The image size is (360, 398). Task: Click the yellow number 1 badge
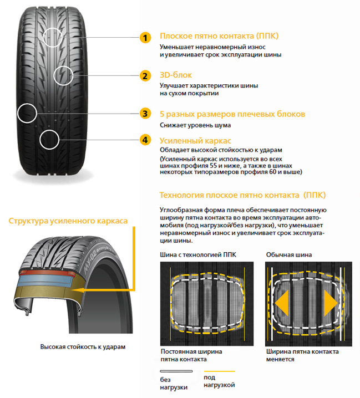pos(144,38)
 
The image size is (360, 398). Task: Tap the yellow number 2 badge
pos(144,76)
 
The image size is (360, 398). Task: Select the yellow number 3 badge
pos(144,114)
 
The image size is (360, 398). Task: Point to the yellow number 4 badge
pos(144,140)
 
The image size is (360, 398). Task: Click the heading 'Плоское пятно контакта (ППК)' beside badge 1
pos(219,36)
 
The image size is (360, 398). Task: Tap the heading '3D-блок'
pos(176,74)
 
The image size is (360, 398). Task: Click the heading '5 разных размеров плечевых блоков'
pos(232,114)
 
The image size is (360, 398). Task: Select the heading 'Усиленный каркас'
pos(195,140)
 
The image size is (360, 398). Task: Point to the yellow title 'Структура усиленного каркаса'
pos(68,221)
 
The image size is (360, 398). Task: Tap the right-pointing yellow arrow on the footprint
pos(331,304)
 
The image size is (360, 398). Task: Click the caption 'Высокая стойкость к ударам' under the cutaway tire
pos(83,346)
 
